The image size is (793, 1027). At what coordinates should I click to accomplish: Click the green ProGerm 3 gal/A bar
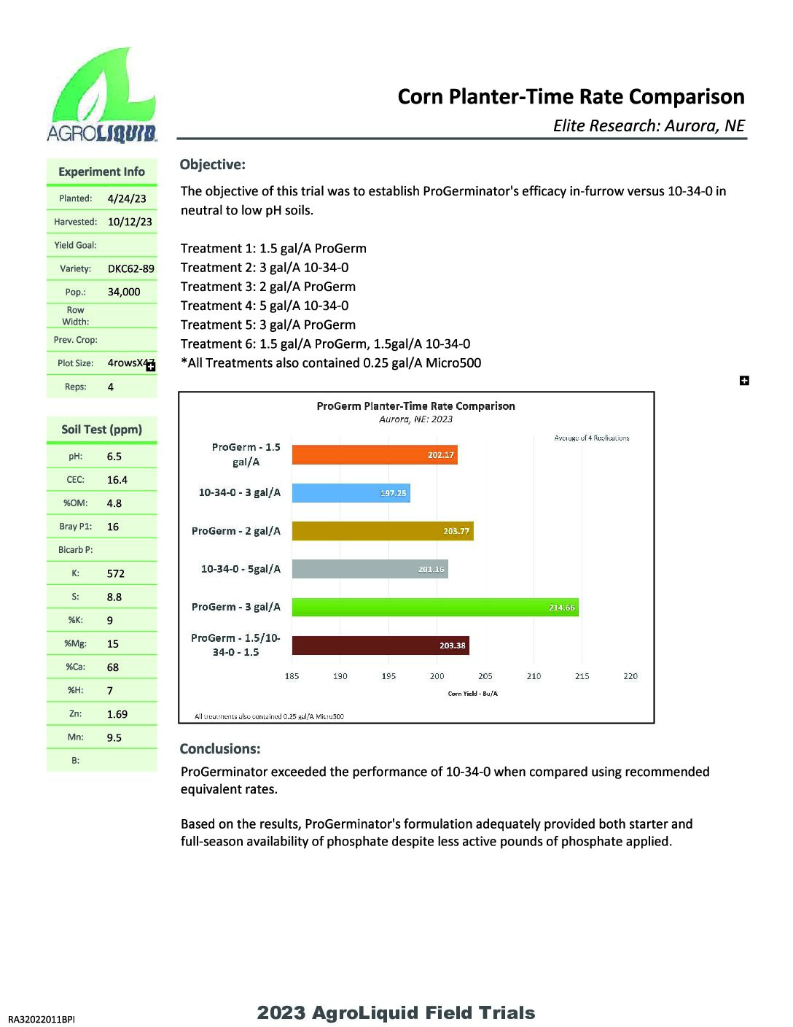[x=435, y=607]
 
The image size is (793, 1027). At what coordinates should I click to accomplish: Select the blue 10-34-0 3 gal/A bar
[x=351, y=493]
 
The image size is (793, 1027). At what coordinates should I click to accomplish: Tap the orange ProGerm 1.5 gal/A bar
[x=375, y=455]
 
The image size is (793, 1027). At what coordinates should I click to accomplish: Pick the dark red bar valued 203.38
[x=380, y=646]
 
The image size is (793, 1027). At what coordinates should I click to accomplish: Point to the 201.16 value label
[x=431, y=569]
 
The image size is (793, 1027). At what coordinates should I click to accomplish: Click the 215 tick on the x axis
[x=582, y=676]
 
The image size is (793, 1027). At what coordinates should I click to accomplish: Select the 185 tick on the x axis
[x=292, y=676]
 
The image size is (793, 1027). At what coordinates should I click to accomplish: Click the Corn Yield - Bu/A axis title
[x=472, y=694]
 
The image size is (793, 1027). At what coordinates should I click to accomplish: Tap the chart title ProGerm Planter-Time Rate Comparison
[x=415, y=406]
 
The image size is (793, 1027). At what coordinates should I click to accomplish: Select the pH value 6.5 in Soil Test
[x=114, y=457]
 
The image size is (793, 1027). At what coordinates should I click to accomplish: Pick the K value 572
[x=115, y=573]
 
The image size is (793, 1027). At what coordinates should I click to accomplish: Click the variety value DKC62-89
[x=130, y=268]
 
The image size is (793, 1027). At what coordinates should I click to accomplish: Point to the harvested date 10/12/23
[x=130, y=222]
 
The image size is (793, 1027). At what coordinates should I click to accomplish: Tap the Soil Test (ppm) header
[x=101, y=430]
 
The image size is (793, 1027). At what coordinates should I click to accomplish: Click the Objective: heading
[x=212, y=165]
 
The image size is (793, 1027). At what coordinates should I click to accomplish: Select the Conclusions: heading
[x=219, y=749]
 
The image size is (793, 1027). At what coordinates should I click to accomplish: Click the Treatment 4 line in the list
[x=265, y=306]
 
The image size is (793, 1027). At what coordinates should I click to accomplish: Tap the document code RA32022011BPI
[x=42, y=1019]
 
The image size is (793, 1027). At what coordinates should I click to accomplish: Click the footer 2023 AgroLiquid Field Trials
[x=396, y=1012]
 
